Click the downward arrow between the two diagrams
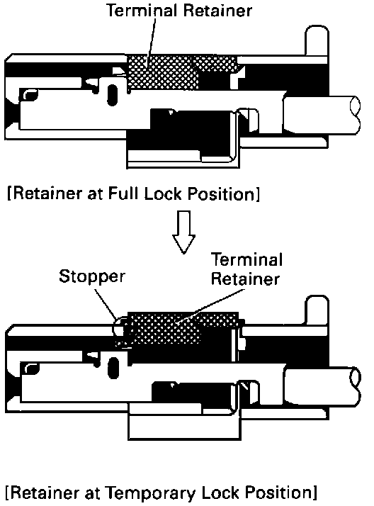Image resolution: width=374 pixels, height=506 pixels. (183, 232)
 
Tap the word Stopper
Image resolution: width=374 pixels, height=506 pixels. (92, 277)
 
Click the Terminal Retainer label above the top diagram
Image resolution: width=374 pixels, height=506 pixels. (179, 11)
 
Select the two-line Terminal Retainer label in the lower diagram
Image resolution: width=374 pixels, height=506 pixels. (247, 269)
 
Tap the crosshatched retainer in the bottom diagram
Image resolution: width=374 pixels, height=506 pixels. (181, 327)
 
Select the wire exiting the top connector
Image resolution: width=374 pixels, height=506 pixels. (322, 114)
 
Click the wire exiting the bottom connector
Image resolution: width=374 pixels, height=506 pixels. (322, 385)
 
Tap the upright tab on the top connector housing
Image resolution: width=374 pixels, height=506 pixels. (317, 41)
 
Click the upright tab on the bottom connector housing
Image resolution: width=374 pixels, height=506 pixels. (317, 310)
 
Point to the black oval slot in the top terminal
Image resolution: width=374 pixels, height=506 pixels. (112, 95)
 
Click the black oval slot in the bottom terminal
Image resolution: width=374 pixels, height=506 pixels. (113, 368)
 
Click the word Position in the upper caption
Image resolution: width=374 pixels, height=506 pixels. (222, 194)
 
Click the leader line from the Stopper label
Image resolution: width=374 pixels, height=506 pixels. (106, 303)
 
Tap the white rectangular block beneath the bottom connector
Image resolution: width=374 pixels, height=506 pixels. (184, 425)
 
